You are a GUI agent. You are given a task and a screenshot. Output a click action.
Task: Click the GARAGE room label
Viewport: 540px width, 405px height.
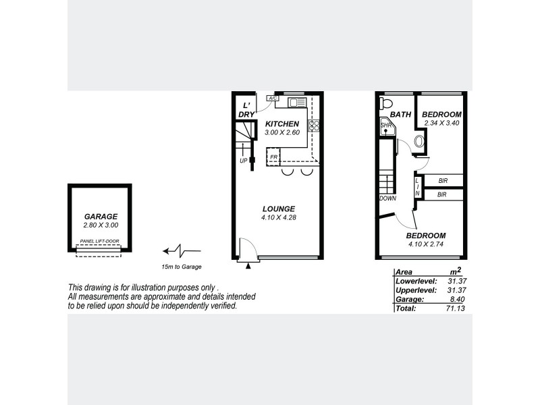pyautogui.click(x=101, y=217)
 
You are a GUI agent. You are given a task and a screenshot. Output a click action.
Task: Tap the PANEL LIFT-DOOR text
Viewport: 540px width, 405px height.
pyautogui.click(x=99, y=240)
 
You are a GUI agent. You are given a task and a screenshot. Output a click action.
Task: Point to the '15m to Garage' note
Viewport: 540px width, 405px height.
pyautogui.click(x=182, y=267)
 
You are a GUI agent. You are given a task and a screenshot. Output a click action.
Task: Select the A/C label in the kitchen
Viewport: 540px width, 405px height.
pyautogui.click(x=273, y=99)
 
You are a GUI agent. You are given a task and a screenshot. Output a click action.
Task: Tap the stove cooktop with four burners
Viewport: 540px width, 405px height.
pyautogui.click(x=314, y=126)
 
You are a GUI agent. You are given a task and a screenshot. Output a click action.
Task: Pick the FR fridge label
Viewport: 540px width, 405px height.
pyautogui.click(x=273, y=159)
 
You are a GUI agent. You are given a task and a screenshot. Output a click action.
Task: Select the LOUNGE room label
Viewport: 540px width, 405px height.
pyautogui.click(x=278, y=209)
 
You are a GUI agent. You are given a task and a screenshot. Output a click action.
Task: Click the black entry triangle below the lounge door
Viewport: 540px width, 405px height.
pyautogui.click(x=248, y=267)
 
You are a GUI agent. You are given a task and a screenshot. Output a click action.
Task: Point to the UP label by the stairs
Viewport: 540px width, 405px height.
pyautogui.click(x=243, y=161)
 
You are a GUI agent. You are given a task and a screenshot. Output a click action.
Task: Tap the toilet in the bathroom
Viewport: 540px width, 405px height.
pyautogui.click(x=386, y=103)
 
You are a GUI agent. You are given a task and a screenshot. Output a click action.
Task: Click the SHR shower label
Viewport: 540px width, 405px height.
pyautogui.click(x=386, y=126)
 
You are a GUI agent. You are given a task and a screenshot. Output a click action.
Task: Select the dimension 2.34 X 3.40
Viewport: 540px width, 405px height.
pyautogui.click(x=441, y=123)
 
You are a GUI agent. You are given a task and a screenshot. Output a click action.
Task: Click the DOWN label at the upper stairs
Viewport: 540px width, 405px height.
pyautogui.click(x=387, y=198)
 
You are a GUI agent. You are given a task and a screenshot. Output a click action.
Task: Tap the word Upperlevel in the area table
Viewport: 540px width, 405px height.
pyautogui.click(x=414, y=290)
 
